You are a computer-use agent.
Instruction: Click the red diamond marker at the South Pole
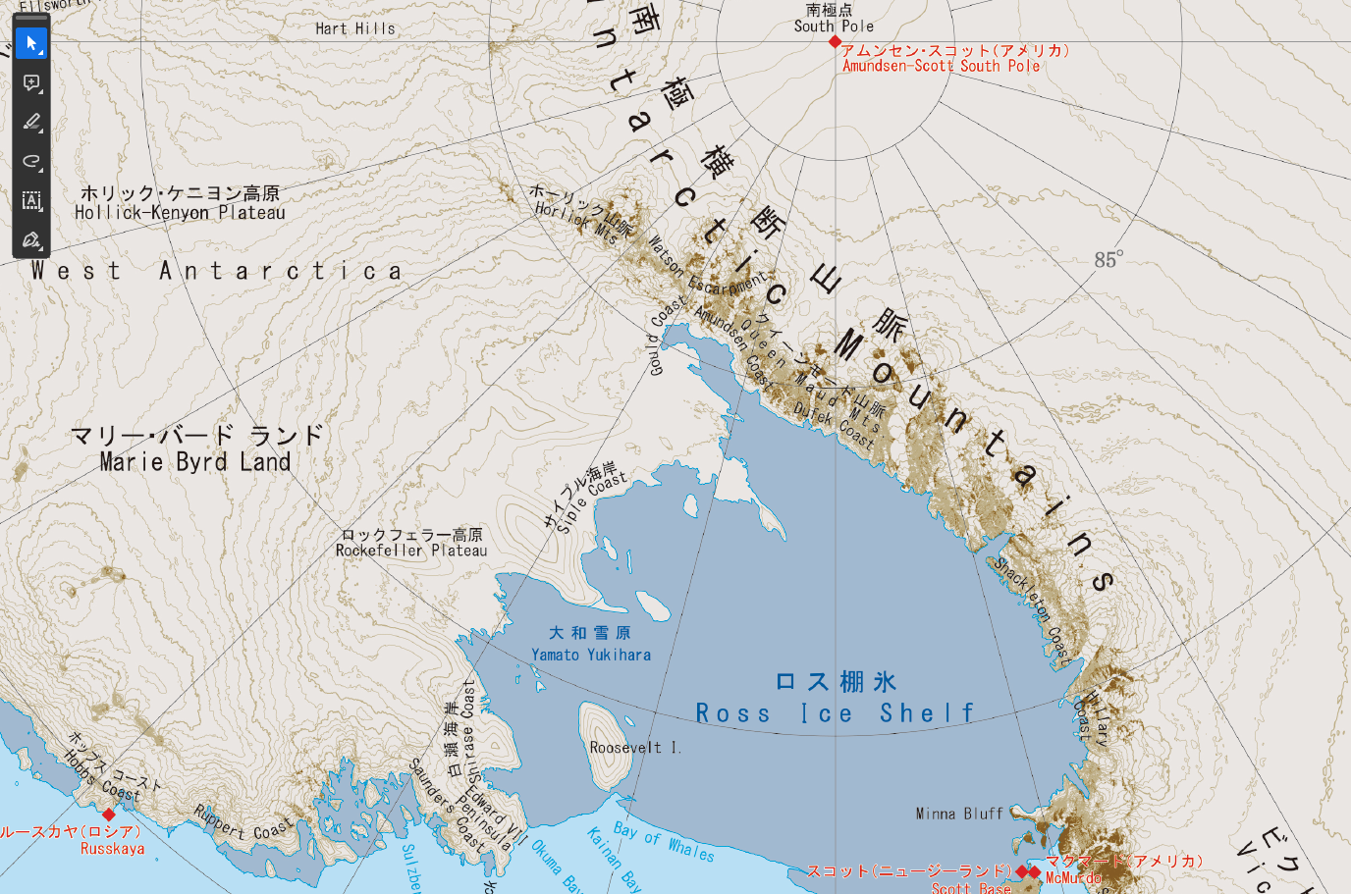[835, 42]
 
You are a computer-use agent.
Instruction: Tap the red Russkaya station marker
[109, 815]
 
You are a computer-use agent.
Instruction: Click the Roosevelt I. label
[635, 748]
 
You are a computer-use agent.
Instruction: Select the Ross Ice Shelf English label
[835, 713]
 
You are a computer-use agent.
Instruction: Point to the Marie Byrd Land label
[195, 462]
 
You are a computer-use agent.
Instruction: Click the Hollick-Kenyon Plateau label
[180, 213]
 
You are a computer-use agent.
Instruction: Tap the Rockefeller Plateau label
[411, 551]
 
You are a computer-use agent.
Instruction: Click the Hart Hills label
[355, 28]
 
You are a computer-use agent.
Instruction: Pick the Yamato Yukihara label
[591, 655]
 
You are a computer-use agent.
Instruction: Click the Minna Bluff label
[959, 814]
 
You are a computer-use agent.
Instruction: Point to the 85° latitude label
[1108, 260]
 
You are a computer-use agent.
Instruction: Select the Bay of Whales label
[664, 840]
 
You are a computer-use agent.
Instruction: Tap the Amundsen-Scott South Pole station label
[941, 66]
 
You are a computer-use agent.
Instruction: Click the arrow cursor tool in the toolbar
[31, 44]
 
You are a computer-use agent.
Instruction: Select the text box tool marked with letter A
[31, 201]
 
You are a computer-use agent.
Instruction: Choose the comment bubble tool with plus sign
[31, 83]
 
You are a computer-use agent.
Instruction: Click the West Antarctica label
[216, 271]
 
